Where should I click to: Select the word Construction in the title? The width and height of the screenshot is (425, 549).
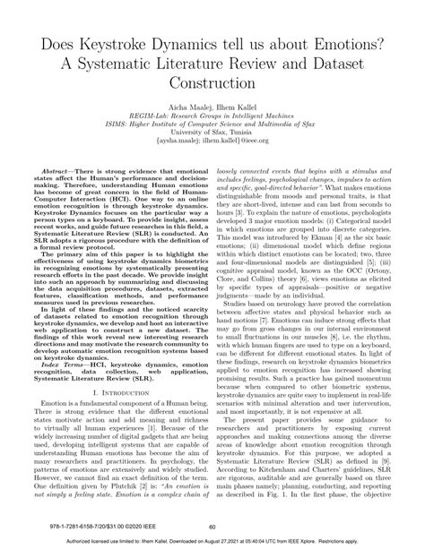[x=212, y=90]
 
